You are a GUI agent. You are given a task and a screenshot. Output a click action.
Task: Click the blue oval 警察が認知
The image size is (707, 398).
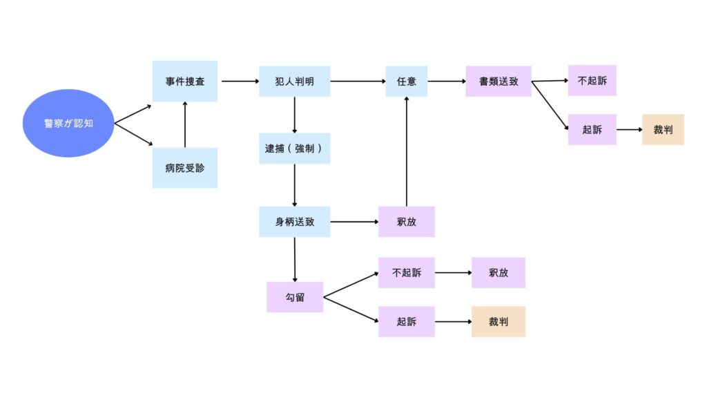pyautogui.click(x=68, y=123)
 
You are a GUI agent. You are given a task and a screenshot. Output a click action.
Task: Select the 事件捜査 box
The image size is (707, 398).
pyautogui.click(x=185, y=82)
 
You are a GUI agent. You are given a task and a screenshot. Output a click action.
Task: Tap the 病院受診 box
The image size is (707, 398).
pyautogui.click(x=185, y=168)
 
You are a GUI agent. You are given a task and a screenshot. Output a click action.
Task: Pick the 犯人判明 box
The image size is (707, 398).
pyautogui.click(x=294, y=82)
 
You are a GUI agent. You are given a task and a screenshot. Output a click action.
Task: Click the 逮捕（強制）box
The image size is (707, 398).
pyautogui.click(x=294, y=149)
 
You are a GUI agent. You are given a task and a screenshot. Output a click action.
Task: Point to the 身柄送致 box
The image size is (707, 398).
pyautogui.click(x=294, y=222)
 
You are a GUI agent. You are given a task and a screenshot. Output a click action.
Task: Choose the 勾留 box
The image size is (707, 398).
pyautogui.click(x=295, y=297)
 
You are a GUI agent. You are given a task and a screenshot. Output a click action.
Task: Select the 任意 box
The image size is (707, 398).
pyautogui.click(x=406, y=82)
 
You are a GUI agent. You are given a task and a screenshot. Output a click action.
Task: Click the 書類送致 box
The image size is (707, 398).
pyautogui.click(x=498, y=82)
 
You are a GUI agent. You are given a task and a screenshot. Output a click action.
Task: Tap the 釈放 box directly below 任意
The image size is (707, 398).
pyautogui.click(x=406, y=222)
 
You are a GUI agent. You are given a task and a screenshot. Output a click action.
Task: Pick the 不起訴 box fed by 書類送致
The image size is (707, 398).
pyautogui.click(x=592, y=80)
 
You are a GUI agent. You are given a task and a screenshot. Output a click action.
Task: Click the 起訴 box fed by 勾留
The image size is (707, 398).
pyautogui.click(x=406, y=322)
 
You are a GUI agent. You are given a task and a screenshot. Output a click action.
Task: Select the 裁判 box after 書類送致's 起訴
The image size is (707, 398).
pyautogui.click(x=663, y=129)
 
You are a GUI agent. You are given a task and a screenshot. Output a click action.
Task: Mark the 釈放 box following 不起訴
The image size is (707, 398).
pyautogui.click(x=498, y=272)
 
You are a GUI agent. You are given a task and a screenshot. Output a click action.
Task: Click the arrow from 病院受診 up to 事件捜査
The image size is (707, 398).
pyautogui.click(x=185, y=124)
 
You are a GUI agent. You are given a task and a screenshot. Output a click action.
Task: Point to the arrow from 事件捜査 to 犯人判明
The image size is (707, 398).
pyautogui.click(x=240, y=82)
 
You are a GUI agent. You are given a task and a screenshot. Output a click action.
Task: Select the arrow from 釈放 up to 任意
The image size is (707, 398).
pyautogui.click(x=406, y=151)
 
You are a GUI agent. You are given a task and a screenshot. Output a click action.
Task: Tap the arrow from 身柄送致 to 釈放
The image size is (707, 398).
pyautogui.click(x=354, y=222)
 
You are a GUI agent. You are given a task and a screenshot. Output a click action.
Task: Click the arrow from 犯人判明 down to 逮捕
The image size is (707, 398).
pyautogui.click(x=294, y=115)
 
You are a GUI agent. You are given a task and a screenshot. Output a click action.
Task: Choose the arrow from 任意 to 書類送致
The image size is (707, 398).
pyautogui.click(x=447, y=82)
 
